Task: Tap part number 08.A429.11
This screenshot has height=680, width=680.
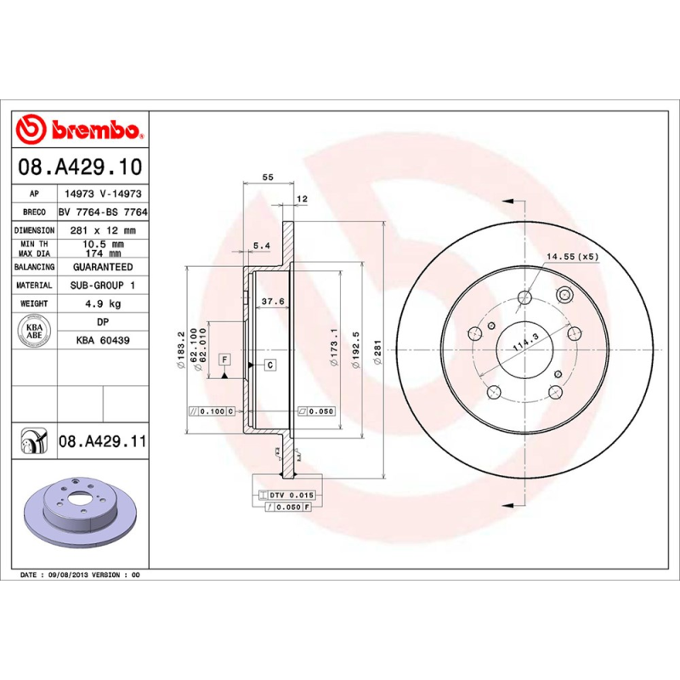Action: click(x=103, y=442)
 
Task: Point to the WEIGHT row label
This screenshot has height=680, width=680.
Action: click(x=35, y=303)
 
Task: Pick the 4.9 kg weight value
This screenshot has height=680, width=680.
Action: click(x=102, y=303)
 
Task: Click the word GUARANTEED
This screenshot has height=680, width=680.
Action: click(x=102, y=267)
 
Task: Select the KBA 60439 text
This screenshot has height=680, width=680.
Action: click(x=102, y=339)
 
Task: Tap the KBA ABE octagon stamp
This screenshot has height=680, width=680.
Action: click(x=35, y=331)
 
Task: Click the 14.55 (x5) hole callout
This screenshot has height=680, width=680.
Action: click(x=572, y=256)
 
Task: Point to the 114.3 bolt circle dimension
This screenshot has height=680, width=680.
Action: click(x=525, y=343)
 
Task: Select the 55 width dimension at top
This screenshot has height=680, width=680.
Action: click(x=268, y=177)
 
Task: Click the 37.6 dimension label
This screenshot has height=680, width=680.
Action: click(x=272, y=301)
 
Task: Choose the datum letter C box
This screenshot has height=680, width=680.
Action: click(x=269, y=365)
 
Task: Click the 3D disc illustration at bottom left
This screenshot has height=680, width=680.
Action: click(x=80, y=519)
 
